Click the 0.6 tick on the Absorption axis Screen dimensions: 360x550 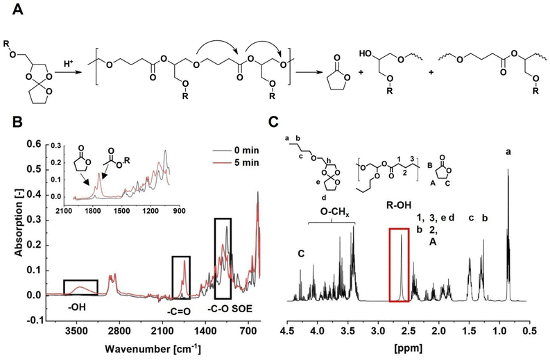[x=33, y=144]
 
